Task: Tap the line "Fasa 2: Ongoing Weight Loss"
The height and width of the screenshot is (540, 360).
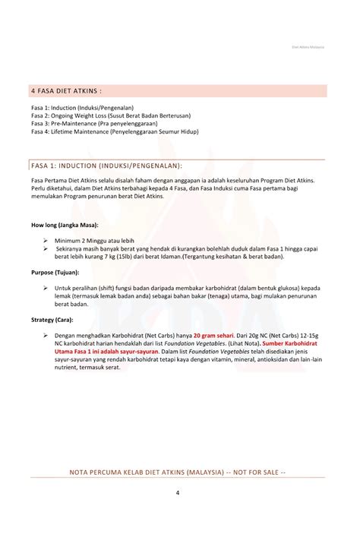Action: click(110, 115)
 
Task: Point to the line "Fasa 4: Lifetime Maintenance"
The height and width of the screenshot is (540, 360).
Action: click(114, 131)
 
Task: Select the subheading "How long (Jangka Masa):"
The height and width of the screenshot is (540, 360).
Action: click(65, 226)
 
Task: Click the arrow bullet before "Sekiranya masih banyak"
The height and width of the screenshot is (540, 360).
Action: click(47, 248)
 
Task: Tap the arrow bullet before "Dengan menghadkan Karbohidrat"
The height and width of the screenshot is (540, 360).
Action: click(47, 335)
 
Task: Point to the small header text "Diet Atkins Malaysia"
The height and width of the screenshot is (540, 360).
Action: click(308, 46)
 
